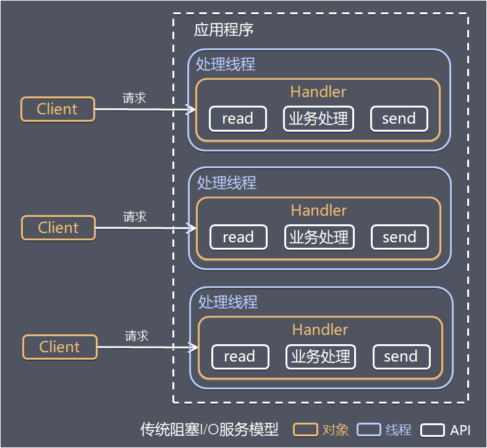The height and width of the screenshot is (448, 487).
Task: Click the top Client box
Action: tap(57, 109)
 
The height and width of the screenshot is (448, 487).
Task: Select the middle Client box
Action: tap(59, 228)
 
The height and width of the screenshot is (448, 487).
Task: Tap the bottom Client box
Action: tap(60, 347)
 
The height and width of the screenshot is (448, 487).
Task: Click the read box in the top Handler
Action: tap(238, 119)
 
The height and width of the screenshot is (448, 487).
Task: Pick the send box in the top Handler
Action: tap(399, 119)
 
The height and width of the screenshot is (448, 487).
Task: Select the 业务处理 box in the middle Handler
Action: tap(319, 237)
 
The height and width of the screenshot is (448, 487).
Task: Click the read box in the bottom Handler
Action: tap(240, 357)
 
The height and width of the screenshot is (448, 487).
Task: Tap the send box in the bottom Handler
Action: tap(401, 357)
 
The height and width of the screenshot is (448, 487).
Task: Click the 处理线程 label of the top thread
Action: tap(226, 64)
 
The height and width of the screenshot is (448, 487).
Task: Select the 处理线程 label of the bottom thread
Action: tap(228, 302)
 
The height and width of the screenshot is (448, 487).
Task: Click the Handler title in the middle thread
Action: tap(319, 211)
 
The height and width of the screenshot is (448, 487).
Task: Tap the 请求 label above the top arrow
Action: tap(134, 98)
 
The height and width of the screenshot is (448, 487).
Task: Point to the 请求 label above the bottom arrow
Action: tap(137, 336)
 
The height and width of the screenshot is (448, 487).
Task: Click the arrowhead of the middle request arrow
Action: tap(193, 228)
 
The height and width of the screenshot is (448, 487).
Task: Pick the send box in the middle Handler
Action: tap(399, 237)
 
